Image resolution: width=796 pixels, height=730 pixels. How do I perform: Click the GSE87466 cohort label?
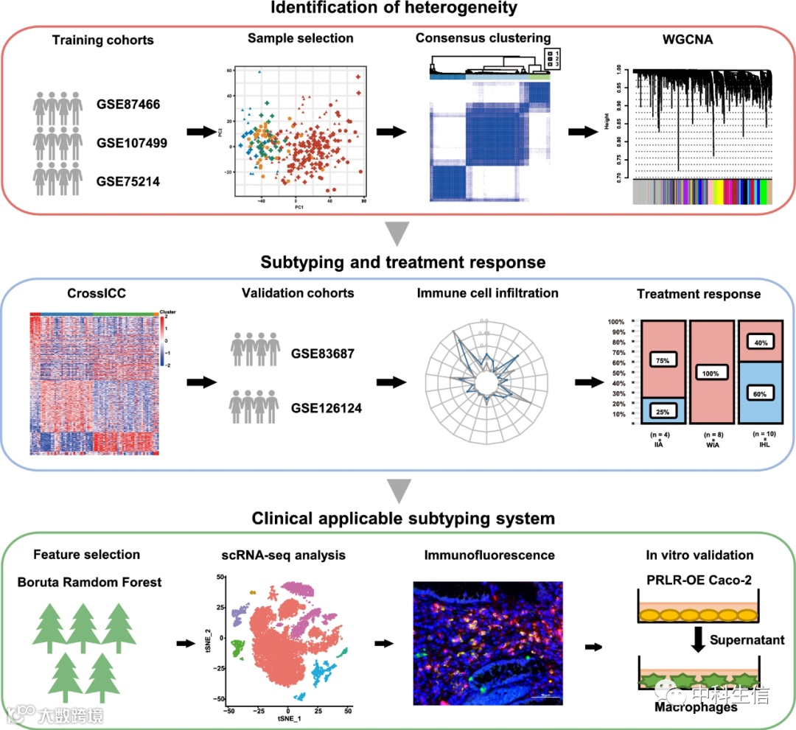[129, 105]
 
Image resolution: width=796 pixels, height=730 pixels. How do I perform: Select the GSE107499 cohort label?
[132, 142]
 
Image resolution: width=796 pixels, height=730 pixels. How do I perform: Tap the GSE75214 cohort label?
[129, 180]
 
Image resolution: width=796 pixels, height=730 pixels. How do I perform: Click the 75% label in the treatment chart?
[657, 359]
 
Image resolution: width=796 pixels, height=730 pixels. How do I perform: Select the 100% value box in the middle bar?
[711, 373]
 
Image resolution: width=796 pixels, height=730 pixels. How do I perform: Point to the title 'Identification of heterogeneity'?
[398, 10]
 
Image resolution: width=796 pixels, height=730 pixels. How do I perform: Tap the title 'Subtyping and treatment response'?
[398, 262]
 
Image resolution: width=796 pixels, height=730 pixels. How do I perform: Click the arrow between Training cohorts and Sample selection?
[195, 132]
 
